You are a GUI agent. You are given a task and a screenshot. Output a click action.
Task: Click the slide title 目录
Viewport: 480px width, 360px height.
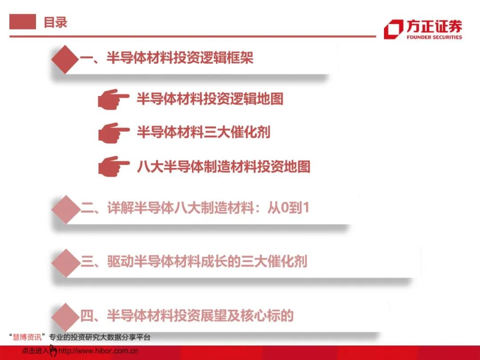click(x=56, y=22)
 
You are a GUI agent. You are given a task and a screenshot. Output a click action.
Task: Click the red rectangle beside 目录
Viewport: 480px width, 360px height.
click(x=23, y=22)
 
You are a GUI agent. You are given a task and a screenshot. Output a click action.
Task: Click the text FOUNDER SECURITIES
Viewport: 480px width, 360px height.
click(x=434, y=37)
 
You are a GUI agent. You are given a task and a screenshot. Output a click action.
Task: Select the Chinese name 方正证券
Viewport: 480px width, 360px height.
click(x=434, y=26)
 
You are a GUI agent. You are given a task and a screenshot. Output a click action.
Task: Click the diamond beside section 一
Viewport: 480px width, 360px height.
click(x=65, y=60)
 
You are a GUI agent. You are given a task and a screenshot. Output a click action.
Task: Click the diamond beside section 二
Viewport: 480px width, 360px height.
click(x=66, y=209)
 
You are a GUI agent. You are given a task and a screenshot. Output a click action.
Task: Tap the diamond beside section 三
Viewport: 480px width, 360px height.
click(x=66, y=263)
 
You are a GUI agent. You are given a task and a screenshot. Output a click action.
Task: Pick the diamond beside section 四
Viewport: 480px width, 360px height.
click(x=66, y=316)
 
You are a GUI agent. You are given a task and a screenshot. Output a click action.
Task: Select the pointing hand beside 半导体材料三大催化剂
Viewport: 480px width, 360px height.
click(x=114, y=133)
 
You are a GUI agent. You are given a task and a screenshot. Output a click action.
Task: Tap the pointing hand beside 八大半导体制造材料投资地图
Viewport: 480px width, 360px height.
click(x=114, y=167)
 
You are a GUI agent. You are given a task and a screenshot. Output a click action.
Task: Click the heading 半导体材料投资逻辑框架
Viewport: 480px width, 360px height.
click(x=180, y=57)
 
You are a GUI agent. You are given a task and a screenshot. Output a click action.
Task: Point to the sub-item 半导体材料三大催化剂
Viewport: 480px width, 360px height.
click(x=204, y=132)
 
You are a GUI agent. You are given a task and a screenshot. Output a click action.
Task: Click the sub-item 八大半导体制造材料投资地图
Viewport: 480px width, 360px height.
click(x=224, y=167)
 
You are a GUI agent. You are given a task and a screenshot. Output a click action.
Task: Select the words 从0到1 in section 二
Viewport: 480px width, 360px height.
click(x=288, y=208)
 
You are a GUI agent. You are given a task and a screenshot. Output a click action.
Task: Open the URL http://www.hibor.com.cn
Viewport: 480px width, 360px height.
click(x=98, y=351)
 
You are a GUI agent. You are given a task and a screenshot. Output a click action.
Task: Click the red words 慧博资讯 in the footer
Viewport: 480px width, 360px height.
click(x=27, y=337)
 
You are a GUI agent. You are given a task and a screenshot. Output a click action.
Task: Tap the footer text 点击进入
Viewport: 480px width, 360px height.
click(x=35, y=351)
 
